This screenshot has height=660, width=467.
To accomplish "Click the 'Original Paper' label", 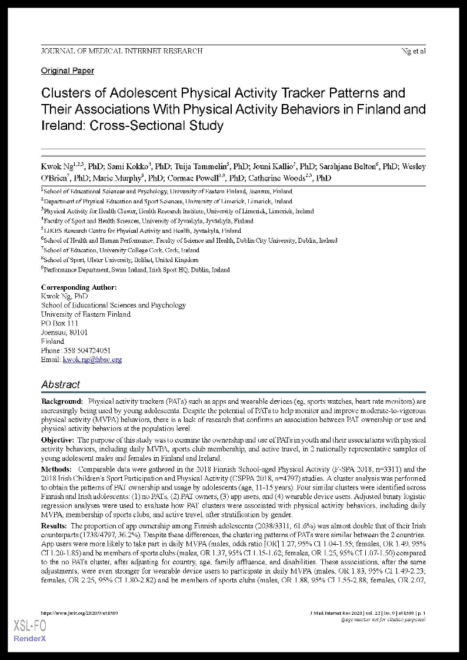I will (67, 71).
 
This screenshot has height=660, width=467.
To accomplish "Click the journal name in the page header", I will (122, 51).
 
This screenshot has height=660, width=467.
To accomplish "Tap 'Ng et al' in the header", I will (413, 51).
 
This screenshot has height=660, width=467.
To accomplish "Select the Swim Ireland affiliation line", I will (136, 270).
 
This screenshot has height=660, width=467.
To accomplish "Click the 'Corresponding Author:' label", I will (79, 287).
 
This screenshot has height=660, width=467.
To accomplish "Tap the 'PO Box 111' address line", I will (59, 323).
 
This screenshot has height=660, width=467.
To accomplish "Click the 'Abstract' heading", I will (61, 384).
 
